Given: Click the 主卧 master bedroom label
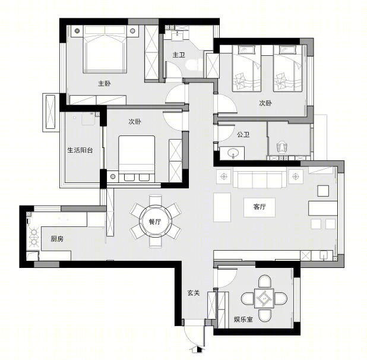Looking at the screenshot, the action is [105, 83].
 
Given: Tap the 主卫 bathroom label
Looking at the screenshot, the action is [179, 55].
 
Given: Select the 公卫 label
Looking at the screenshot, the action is [243, 134].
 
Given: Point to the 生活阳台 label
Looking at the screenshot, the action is [80, 150].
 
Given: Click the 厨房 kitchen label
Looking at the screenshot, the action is [57, 239].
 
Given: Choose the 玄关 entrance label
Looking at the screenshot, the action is [194, 293].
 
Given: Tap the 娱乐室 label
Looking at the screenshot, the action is [243, 319].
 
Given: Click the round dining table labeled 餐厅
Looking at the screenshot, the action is [156, 221].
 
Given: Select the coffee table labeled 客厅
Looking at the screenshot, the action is [260, 207].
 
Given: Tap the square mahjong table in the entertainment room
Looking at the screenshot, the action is [264, 298].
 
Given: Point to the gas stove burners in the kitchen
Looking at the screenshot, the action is [34, 238].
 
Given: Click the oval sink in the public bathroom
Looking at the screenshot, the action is [233, 153].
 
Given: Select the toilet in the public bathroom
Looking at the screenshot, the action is [282, 147].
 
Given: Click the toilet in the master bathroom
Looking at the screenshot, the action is [194, 65].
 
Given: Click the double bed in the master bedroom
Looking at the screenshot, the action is [105, 49].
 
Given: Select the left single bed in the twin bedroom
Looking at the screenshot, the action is [246, 68].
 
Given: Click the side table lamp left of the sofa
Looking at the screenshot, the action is [224, 176].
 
